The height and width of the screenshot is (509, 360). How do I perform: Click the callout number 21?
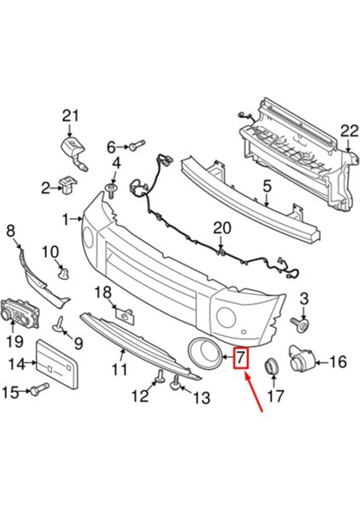[70, 115]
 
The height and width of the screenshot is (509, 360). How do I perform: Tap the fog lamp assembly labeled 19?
[20, 315]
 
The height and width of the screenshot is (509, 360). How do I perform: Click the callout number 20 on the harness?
[222, 228]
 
